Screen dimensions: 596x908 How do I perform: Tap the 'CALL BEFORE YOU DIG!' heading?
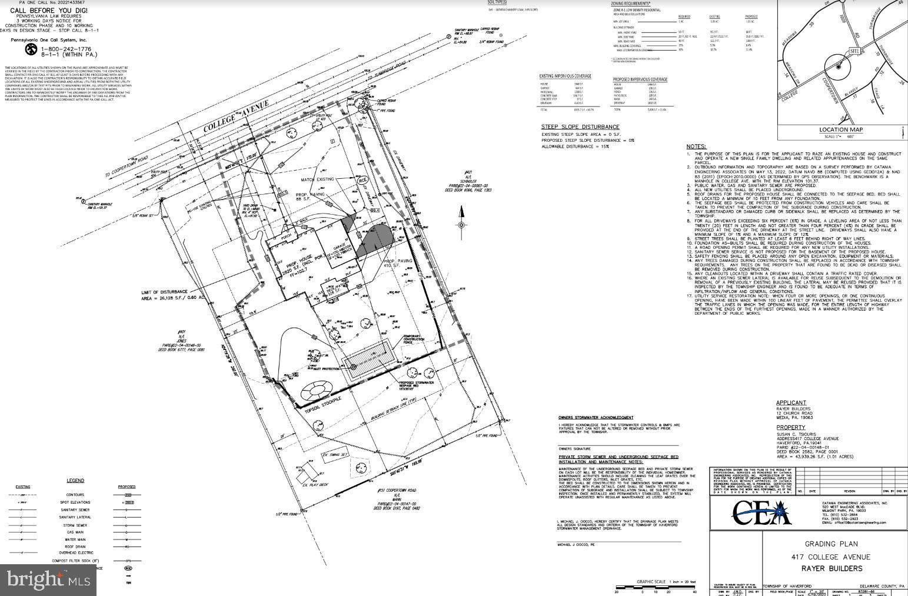tap(49, 11)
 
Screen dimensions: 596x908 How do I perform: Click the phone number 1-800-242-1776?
tap(65, 49)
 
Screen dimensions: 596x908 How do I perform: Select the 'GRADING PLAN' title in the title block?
tap(831, 544)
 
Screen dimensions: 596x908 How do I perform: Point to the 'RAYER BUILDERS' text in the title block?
tap(831, 568)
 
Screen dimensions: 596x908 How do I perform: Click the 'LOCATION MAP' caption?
tap(841, 129)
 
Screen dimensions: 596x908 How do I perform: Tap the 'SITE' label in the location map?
tap(854, 51)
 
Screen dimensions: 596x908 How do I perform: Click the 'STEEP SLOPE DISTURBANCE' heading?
tap(580, 127)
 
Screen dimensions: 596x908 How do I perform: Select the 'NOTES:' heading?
tap(696, 146)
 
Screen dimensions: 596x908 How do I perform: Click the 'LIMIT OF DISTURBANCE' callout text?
tap(164, 292)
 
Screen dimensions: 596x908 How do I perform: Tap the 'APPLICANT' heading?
tap(791, 403)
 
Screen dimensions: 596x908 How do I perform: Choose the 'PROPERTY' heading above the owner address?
tap(790, 428)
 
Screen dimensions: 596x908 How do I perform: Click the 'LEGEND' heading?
tap(75, 481)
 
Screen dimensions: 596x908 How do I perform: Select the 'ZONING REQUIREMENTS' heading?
tap(630, 4)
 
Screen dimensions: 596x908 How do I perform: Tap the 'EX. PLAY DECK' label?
tap(313, 485)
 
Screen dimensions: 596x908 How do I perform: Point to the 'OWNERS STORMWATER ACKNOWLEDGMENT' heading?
tap(596, 417)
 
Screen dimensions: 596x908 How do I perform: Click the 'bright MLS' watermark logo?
tap(49, 580)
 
